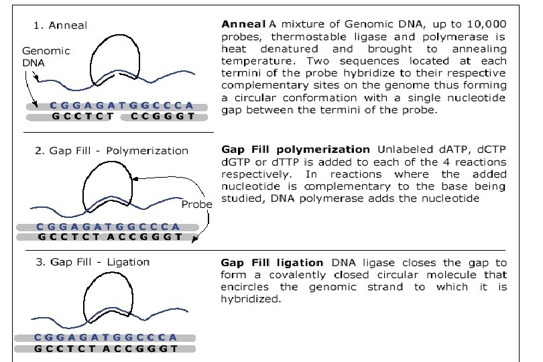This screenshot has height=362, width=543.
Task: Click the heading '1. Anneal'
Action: click(x=60, y=25)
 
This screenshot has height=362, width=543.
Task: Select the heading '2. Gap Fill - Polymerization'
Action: click(x=111, y=151)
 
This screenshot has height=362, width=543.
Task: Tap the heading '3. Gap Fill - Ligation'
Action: click(x=92, y=261)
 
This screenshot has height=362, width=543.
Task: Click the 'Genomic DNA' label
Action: click(x=38, y=56)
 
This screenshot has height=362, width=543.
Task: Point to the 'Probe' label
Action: click(x=196, y=204)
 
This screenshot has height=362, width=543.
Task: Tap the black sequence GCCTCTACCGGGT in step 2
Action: click(x=110, y=237)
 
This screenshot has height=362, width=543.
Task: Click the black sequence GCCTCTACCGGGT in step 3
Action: click(x=105, y=349)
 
